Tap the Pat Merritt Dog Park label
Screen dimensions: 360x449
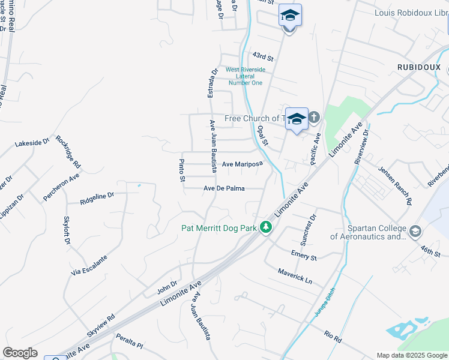(x=219, y=228)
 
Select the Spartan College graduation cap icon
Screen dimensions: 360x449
(x=414, y=230)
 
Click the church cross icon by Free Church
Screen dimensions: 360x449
(x=314, y=117)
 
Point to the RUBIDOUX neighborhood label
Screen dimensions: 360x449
(x=419, y=68)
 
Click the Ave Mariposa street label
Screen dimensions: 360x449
(x=243, y=164)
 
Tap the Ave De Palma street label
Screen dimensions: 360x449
(x=224, y=188)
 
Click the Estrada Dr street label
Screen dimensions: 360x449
(x=211, y=83)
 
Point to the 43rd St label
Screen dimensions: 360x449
(x=263, y=57)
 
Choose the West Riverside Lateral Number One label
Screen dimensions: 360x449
(x=245, y=76)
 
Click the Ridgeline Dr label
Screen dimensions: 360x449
(x=97, y=198)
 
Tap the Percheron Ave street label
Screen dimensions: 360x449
(x=61, y=188)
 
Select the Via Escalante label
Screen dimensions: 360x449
(x=89, y=265)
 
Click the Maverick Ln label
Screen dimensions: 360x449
(x=295, y=276)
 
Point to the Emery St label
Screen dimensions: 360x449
(x=303, y=255)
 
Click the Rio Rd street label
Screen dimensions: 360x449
(x=333, y=337)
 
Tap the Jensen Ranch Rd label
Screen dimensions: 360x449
(x=395, y=185)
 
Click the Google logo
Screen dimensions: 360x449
(x=20, y=353)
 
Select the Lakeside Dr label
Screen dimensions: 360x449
(x=32, y=143)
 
